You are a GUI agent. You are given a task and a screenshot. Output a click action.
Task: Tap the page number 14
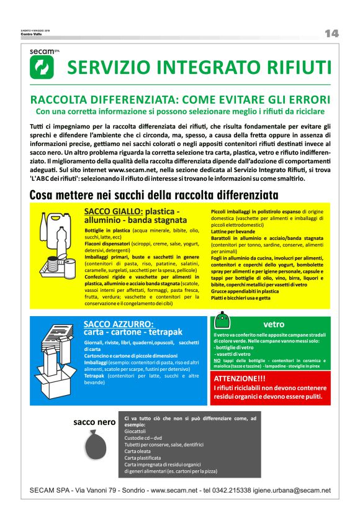[x=331, y=34]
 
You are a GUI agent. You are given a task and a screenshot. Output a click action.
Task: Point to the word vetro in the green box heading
[x=274, y=324]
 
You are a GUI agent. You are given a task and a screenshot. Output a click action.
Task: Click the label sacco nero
[x=94, y=422]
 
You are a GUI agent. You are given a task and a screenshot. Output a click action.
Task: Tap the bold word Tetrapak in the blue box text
[x=94, y=376]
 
